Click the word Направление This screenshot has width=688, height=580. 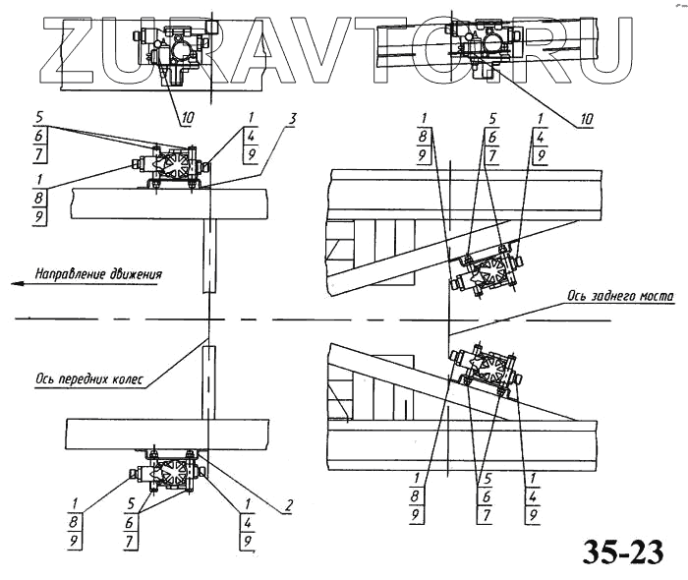pyautogui.click(x=73, y=273)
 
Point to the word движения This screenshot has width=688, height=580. pyautogui.click(x=135, y=273)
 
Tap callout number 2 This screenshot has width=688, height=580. pyautogui.click(x=288, y=507)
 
